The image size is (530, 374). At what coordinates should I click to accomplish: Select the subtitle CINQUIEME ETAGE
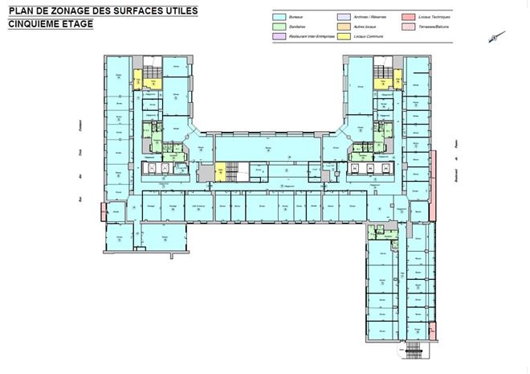(x=51, y=24)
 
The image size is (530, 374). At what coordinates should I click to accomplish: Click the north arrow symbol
(x=497, y=37)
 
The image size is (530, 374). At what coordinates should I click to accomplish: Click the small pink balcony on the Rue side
(x=103, y=212)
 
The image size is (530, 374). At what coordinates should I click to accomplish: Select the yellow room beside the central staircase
(x=219, y=171)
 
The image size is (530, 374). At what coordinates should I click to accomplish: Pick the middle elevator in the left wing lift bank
(x=165, y=168)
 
